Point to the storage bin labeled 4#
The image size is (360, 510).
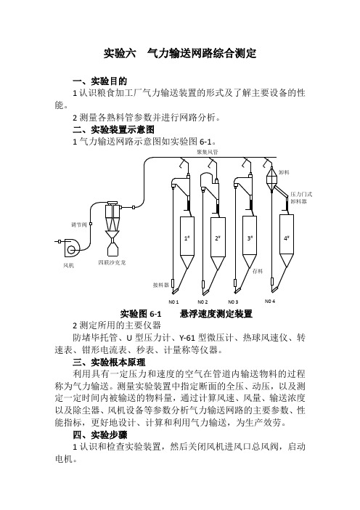pos(286,240)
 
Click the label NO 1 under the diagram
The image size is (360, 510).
pos(173,301)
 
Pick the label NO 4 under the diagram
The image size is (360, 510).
pos(270,301)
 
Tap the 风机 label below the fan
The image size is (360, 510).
pos(68,265)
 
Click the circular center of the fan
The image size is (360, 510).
pos(71,250)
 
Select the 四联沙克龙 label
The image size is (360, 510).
pos(112,262)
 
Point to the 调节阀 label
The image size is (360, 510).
pos(79,224)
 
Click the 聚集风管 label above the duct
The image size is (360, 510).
pos(208,152)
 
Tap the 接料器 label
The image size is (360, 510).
pos(161,285)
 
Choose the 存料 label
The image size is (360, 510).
pos(258,271)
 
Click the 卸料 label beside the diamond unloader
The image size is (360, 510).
pos(284,172)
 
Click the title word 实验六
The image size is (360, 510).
pos(120,53)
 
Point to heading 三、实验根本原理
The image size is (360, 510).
pos(109,363)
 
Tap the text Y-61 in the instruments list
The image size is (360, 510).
pos(187,338)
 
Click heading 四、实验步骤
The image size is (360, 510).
pos(99,435)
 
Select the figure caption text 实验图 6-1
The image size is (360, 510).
pos(141,314)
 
